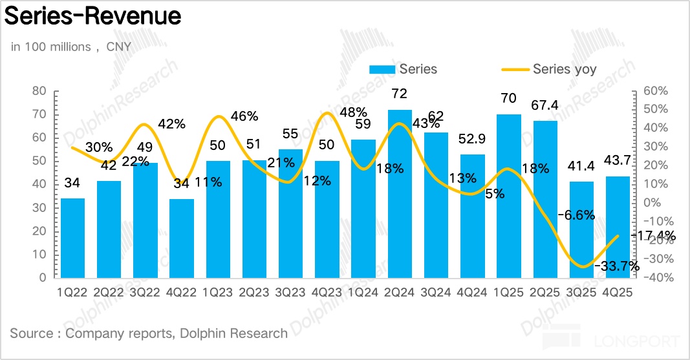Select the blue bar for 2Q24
click(x=400, y=194)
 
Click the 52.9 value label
click(x=472, y=140)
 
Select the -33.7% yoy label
click(x=618, y=265)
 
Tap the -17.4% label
click(x=654, y=236)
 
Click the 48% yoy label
click(x=353, y=112)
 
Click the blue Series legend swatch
click(x=382, y=70)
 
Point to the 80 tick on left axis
click(x=39, y=91)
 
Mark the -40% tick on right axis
click(x=655, y=278)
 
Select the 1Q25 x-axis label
click(x=508, y=292)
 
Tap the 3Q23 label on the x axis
click(x=290, y=292)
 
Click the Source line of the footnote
click(x=149, y=334)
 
